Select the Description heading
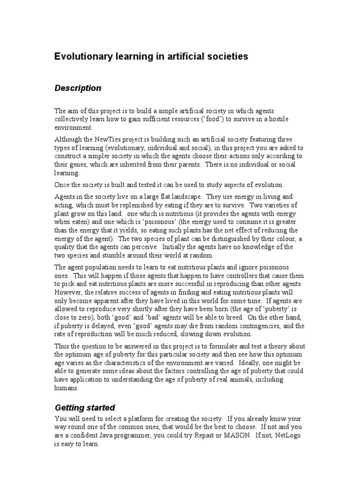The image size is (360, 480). coord(78,88)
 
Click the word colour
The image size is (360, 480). coord(289,239)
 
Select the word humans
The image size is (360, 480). coord(67,388)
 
